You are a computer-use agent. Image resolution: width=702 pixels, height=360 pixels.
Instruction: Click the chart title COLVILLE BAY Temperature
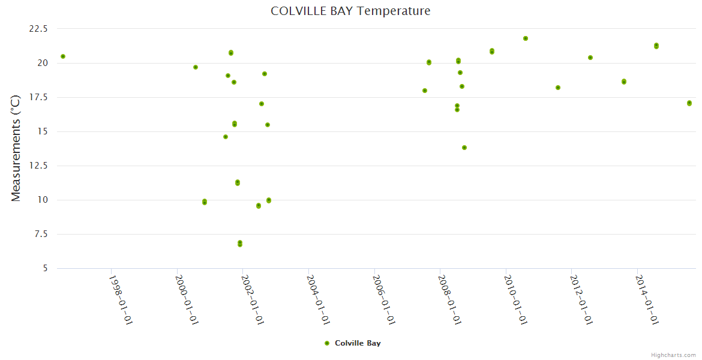pos(350,11)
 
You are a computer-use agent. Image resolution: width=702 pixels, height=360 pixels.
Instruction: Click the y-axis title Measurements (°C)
pos(16,148)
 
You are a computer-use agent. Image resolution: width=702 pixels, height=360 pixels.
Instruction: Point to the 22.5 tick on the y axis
pos(38,29)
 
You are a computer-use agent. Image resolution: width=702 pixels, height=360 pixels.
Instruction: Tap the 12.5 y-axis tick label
pos(38,166)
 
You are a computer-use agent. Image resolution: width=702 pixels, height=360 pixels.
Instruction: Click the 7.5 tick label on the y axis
pos(41,234)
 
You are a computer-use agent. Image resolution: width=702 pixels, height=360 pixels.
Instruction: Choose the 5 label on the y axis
pos(45,268)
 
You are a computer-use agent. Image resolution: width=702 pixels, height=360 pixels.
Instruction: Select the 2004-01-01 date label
pos(318,300)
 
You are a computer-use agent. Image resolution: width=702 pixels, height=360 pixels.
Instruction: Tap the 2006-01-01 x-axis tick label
pos(384,300)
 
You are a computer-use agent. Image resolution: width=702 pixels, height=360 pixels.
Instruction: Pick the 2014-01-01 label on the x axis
pos(647,300)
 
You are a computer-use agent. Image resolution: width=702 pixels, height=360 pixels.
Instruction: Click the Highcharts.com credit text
pos(673,355)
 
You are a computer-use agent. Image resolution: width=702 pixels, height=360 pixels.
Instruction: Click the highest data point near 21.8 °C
pos(526,38)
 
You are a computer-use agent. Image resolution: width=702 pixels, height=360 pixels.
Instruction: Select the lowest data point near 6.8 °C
pos(240,244)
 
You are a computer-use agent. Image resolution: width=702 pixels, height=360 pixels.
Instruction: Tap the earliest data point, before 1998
pos(63,56)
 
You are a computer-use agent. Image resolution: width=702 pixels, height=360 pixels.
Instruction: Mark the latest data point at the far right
pos(689,103)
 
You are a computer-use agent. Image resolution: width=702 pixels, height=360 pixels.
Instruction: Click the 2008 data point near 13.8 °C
pos(464,148)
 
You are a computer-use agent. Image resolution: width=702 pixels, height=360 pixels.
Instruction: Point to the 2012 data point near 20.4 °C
pos(590,58)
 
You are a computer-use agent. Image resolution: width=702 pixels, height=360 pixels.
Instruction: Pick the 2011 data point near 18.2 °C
pos(558,88)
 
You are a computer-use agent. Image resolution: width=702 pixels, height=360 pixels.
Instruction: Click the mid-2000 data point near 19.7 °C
pos(196,67)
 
